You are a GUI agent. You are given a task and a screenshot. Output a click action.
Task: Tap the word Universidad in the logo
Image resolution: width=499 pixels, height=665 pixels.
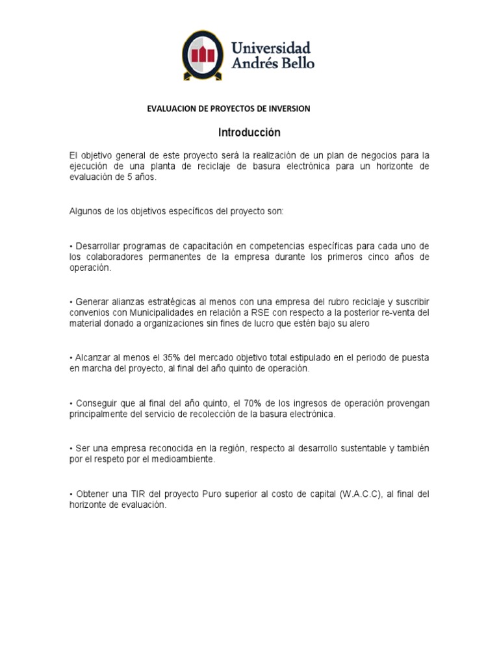tap(271, 48)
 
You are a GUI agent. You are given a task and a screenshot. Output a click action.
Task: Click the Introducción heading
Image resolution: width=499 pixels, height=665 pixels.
tap(249, 132)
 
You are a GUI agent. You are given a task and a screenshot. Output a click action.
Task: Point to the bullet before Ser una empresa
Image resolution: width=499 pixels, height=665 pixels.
tap(71, 449)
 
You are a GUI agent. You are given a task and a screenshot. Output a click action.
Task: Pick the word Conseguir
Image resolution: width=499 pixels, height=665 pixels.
tap(97, 404)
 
